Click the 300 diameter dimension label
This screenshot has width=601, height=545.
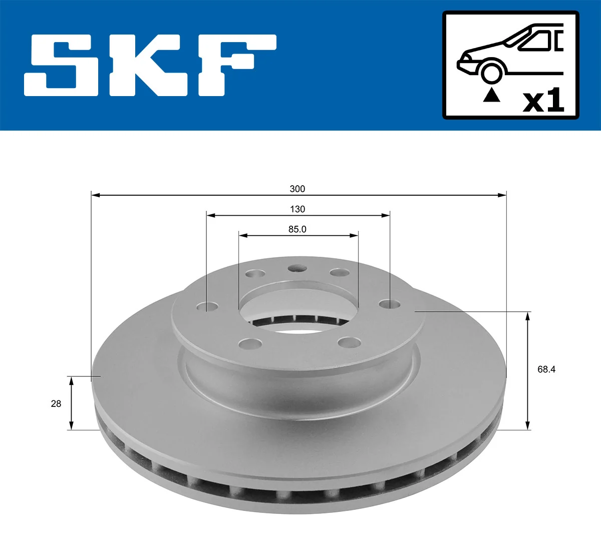click(297, 189)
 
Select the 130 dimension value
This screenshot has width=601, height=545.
click(297, 209)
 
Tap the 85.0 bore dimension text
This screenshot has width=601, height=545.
click(297, 229)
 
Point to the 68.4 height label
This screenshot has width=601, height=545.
click(546, 369)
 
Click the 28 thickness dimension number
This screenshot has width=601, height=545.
click(56, 403)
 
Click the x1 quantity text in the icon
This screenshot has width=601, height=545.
click(543, 102)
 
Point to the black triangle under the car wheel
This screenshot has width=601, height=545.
click(491, 95)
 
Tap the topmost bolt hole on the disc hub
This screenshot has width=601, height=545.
click(297, 269)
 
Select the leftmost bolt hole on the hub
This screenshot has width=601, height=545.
click(208, 306)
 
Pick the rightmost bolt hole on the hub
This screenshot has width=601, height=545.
click(389, 304)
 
